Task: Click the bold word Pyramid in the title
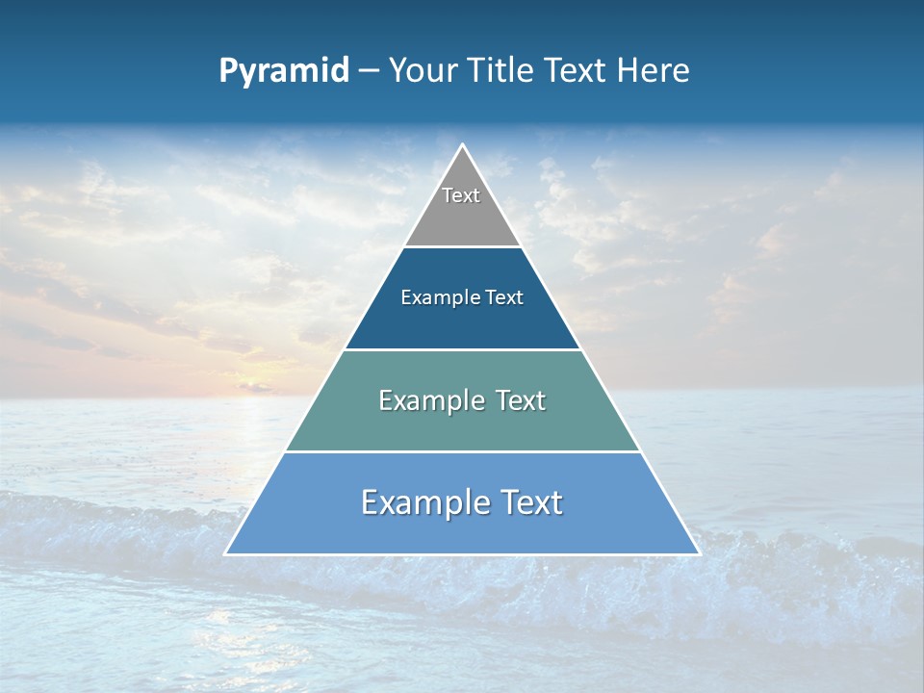pyautogui.click(x=283, y=71)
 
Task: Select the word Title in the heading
pyautogui.click(x=500, y=70)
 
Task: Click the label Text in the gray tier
pyautogui.click(x=461, y=195)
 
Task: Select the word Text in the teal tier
pyautogui.click(x=520, y=400)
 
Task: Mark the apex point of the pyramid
pyautogui.click(x=462, y=145)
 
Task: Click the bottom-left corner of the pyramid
pyautogui.click(x=226, y=553)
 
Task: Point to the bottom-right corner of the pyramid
pyautogui.click(x=699, y=553)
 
